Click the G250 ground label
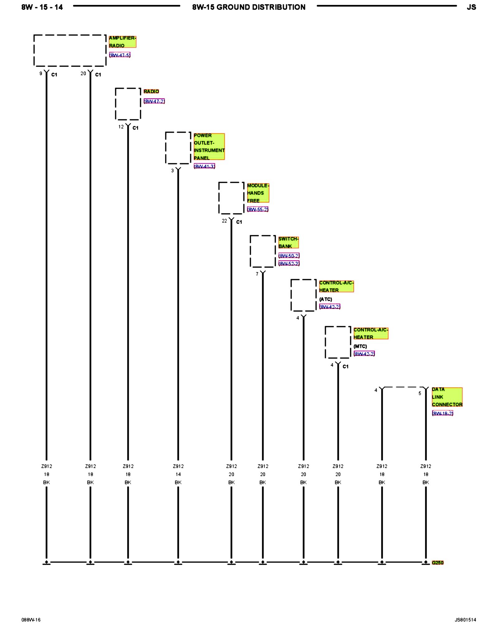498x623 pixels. [x=437, y=563]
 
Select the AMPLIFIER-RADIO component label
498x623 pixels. [x=122, y=42]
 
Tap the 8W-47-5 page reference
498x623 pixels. [x=120, y=55]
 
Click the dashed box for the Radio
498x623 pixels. [x=128, y=104]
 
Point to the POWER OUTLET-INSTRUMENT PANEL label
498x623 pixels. [x=209, y=146]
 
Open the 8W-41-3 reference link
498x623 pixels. [x=204, y=166]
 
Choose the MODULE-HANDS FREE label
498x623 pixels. [x=258, y=193]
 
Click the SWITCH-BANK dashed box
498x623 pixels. [x=263, y=251]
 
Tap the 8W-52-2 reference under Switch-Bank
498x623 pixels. [x=289, y=264]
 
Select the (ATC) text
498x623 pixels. [x=326, y=299]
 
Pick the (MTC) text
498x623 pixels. [x=360, y=346]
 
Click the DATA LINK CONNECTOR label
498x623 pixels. [x=447, y=397]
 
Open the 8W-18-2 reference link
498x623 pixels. [x=442, y=413]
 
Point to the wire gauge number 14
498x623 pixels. [x=178, y=474]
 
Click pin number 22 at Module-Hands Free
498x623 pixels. [x=224, y=221]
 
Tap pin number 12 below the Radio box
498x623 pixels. [x=121, y=127]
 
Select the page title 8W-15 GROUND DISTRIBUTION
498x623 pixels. [x=249, y=7]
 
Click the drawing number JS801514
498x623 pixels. [x=465, y=620]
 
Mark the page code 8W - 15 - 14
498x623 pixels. [x=42, y=7]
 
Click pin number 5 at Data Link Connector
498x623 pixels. [x=420, y=393]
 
